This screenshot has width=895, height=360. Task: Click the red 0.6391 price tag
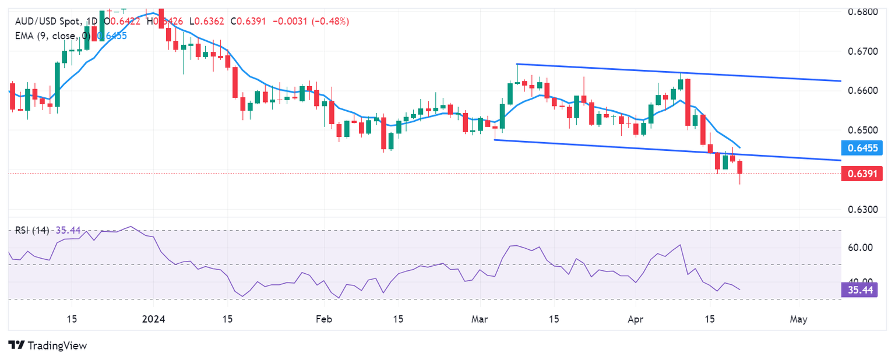tap(861, 173)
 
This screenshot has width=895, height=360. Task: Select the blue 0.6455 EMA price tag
tap(861, 147)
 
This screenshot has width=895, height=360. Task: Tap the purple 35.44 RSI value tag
tap(861, 289)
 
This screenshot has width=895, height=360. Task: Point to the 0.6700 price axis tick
tap(860, 51)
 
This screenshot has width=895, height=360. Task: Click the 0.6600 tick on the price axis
tap(860, 91)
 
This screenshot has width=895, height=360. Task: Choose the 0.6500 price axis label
tap(860, 129)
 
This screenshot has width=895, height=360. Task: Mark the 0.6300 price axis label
tap(860, 209)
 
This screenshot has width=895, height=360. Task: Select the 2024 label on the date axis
tap(154, 319)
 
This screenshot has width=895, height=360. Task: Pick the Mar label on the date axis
tap(480, 319)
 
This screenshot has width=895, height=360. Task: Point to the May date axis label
tap(798, 319)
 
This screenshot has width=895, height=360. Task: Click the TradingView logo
tap(48, 345)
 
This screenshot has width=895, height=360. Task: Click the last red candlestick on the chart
tap(740, 167)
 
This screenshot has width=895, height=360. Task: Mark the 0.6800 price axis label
tap(860, 12)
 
